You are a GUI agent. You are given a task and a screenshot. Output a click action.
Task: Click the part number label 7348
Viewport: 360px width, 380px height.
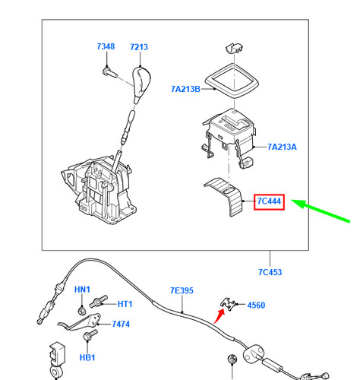pyautogui.click(x=106, y=47)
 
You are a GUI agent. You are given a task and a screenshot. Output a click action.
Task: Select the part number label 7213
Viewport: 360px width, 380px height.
pyautogui.click(x=138, y=47)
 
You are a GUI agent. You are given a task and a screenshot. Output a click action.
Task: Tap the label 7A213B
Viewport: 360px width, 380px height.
pyautogui.click(x=185, y=89)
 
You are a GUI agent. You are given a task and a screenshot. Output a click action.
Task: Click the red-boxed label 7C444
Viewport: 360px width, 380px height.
pyautogui.click(x=268, y=201)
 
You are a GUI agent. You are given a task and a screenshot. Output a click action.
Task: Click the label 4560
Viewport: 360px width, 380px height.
pyautogui.click(x=257, y=305)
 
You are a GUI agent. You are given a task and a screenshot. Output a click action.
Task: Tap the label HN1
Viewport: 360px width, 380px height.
pyautogui.click(x=82, y=290)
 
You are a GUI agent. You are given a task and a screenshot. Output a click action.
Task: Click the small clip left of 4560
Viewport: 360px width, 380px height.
pyautogui.click(x=229, y=304)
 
